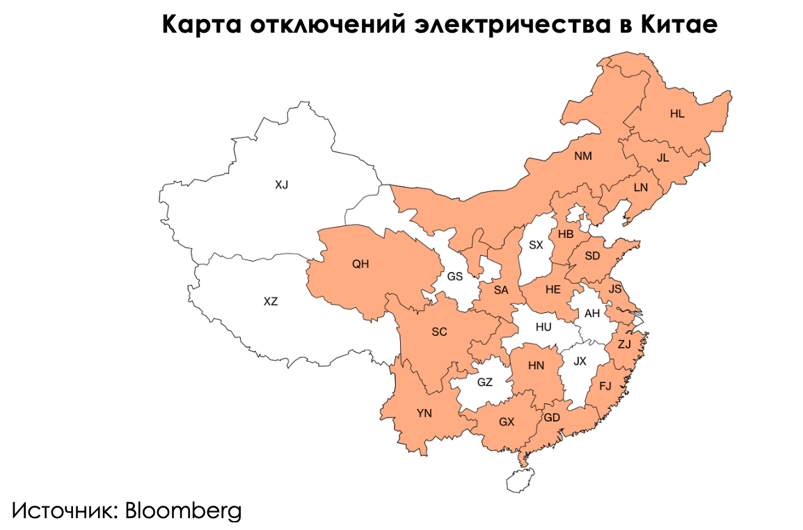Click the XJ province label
click(281, 184)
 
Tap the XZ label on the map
click(271, 301)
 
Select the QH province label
click(360, 264)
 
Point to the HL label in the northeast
click(677, 114)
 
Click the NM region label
click(583, 156)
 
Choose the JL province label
click(662, 158)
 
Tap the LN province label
click(640, 188)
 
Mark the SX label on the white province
click(535, 245)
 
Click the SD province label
click(592, 256)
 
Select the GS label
click(454, 276)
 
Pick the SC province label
click(439, 332)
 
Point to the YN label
click(424, 413)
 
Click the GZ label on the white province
click(485, 382)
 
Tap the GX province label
click(507, 421)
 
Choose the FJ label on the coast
click(605, 386)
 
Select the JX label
click(580, 361)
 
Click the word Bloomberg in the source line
click(183, 511)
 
